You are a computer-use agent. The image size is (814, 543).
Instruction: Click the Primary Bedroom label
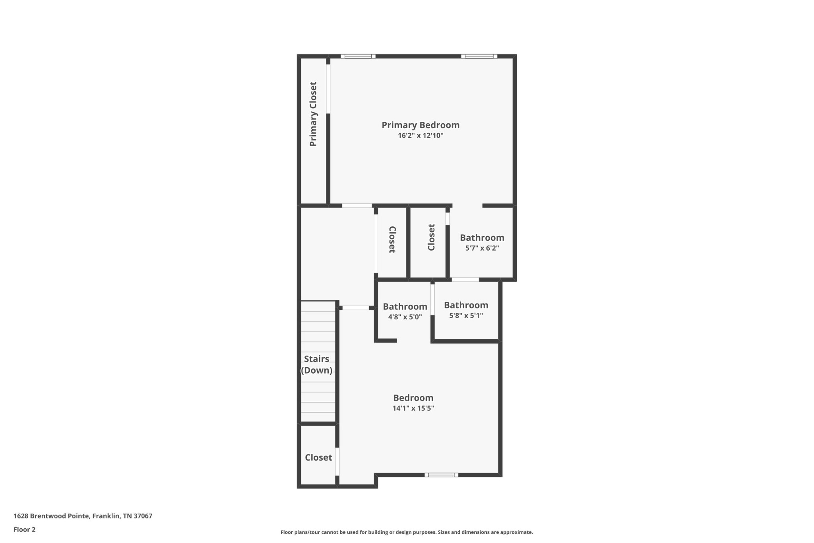pyautogui.click(x=421, y=125)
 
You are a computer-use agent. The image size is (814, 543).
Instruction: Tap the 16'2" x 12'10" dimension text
pyautogui.click(x=421, y=136)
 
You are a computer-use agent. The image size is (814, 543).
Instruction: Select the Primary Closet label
pyautogui.click(x=313, y=114)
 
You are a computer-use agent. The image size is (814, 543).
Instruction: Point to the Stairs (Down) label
pyautogui.click(x=317, y=365)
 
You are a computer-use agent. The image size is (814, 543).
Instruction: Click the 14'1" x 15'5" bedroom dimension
pyautogui.click(x=413, y=408)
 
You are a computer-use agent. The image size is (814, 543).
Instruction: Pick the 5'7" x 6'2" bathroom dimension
pyautogui.click(x=482, y=248)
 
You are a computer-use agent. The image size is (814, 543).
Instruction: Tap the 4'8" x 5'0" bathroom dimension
pyautogui.click(x=405, y=317)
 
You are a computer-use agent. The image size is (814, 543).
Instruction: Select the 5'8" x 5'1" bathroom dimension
pyautogui.click(x=466, y=315)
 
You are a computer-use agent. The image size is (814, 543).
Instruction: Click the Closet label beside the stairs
pyautogui.click(x=318, y=457)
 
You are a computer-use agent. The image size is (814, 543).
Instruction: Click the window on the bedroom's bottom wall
pyautogui.click(x=442, y=475)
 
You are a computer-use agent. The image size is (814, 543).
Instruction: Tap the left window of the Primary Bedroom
pyautogui.click(x=358, y=56)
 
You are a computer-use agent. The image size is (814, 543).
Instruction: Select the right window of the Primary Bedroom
pyautogui.click(x=479, y=56)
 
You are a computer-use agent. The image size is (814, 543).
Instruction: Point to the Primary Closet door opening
pyautogui.click(x=328, y=89)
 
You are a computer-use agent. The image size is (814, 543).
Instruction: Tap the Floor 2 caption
pyautogui.click(x=24, y=529)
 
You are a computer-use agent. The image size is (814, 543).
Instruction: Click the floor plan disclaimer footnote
pyautogui.click(x=407, y=532)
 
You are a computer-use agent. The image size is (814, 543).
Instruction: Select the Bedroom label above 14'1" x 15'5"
pyautogui.click(x=413, y=398)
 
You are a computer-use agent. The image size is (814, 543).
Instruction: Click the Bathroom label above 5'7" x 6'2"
pyautogui.click(x=482, y=237)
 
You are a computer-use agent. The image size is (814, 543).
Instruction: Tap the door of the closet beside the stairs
pyautogui.click(x=337, y=461)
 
